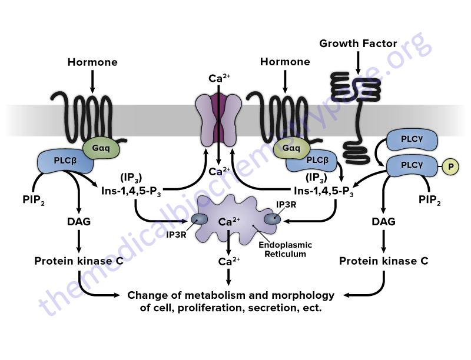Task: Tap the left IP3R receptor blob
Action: click(x=198, y=219)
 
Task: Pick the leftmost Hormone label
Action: click(x=92, y=62)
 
